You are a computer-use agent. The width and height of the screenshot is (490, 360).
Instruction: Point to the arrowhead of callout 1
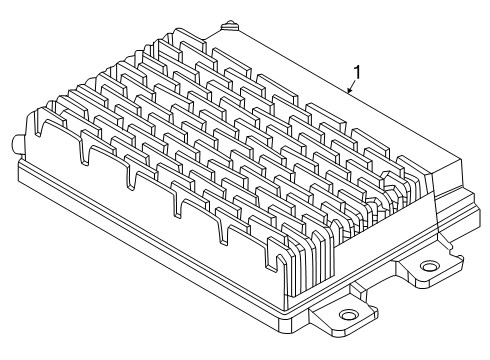pos(347,92)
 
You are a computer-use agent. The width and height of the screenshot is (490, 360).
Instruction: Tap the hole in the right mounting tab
pos(430,266)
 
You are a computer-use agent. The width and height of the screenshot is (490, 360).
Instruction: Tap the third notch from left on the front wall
pos(178,206)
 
